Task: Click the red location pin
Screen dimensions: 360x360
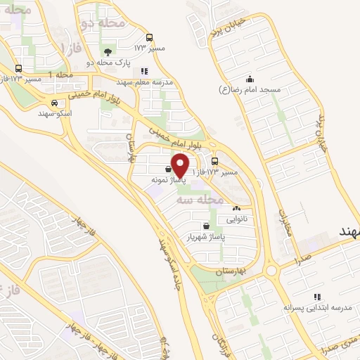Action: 181,165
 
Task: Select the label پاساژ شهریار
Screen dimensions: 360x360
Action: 203,236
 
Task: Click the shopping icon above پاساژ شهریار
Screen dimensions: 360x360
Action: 205,226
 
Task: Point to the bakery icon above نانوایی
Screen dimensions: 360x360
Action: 236,208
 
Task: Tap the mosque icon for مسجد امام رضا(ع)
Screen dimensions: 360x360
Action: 250,79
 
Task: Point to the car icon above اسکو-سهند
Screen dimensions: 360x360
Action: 45,102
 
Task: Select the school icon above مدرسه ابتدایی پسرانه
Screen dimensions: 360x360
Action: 317,297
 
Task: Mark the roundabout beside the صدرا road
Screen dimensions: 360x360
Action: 272,270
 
